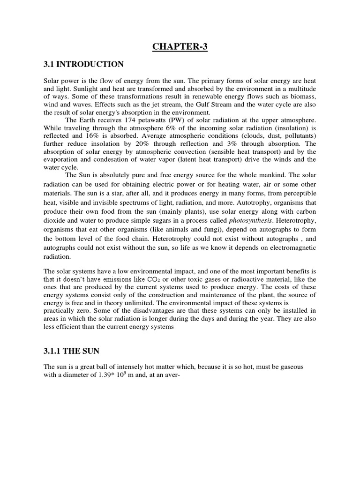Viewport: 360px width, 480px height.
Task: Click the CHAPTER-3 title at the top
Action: coord(180,46)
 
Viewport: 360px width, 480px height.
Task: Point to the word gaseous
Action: coord(291,367)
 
